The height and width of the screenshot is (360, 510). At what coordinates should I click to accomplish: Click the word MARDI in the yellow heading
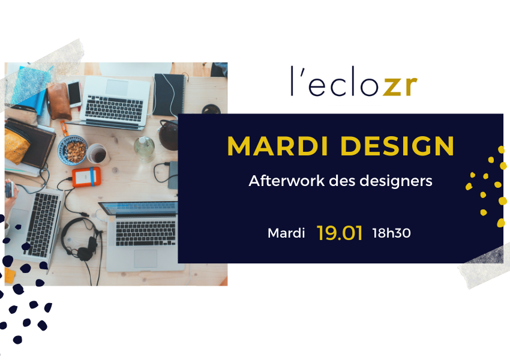click(277, 146)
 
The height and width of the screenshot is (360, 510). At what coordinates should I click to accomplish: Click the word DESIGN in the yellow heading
click(397, 146)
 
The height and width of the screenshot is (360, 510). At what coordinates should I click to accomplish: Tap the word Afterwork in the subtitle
click(287, 181)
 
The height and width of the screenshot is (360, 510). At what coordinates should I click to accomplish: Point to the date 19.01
click(340, 233)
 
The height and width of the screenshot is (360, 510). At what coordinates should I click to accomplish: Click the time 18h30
click(392, 233)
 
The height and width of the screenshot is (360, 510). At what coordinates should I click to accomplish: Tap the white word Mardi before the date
click(286, 233)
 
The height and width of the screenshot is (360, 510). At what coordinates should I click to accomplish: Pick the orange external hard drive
click(86, 177)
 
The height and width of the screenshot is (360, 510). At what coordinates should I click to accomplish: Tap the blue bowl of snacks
click(73, 150)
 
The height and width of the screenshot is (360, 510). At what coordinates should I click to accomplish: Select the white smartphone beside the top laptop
click(74, 94)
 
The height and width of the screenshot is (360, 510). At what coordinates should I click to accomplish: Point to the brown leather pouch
click(59, 101)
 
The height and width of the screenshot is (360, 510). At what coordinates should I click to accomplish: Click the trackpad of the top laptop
click(117, 88)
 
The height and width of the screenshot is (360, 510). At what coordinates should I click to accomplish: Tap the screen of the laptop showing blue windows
click(139, 208)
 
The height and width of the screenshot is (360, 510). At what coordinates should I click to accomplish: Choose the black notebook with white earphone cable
click(169, 95)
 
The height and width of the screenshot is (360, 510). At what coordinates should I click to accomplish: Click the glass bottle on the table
click(144, 149)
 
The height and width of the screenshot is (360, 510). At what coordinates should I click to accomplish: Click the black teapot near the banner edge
click(168, 134)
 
